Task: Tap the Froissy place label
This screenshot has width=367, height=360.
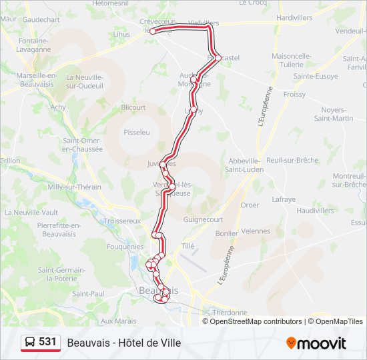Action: [294, 95]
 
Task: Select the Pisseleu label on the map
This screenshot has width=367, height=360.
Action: [137, 133]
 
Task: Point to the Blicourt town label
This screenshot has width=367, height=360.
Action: [133, 107]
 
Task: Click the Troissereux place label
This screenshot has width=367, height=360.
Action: [122, 221]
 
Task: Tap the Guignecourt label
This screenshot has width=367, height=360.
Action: [203, 219]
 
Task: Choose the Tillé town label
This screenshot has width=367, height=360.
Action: [188, 246]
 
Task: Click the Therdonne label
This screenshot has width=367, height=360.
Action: [228, 312]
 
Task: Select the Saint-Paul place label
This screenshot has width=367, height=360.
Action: [88, 293]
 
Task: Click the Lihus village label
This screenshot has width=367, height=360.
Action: [121, 34]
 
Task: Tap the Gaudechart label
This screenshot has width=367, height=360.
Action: [41, 20]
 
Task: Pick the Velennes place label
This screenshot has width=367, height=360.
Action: [256, 231]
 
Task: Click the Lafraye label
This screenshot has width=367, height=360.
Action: [284, 199]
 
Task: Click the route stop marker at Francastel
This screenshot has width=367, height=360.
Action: [218, 58]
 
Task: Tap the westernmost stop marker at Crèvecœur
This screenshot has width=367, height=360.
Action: [153, 31]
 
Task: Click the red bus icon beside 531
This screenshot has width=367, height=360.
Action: [30, 343]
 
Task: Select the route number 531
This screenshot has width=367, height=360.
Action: [47, 342]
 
